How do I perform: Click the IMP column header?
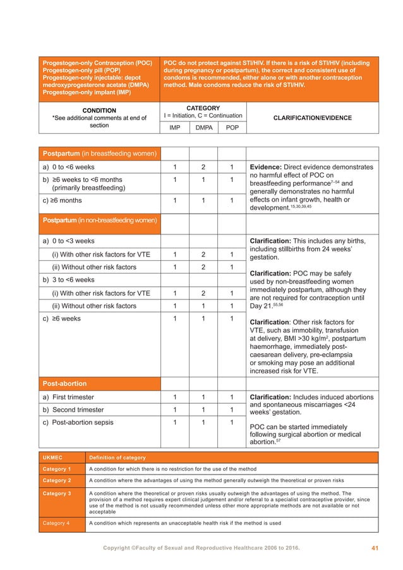pyautogui.click(x=174, y=127)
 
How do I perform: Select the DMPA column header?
pyautogui.click(x=203, y=127)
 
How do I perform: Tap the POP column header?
pyautogui.click(x=232, y=127)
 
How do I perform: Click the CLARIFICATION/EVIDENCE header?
pyautogui.click(x=311, y=118)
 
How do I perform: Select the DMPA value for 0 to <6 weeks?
pyautogui.click(x=203, y=167)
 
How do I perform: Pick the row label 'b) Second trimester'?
pyautogui.click(x=72, y=409)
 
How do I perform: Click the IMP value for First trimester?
pyautogui.click(x=174, y=397)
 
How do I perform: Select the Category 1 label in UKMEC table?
pyautogui.click(x=56, y=469)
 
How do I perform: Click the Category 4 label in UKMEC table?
pyautogui.click(x=56, y=523)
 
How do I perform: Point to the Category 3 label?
pyautogui.click(x=56, y=494)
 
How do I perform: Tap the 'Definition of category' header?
pyautogui.click(x=117, y=457)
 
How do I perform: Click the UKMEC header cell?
pyautogui.click(x=52, y=457)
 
